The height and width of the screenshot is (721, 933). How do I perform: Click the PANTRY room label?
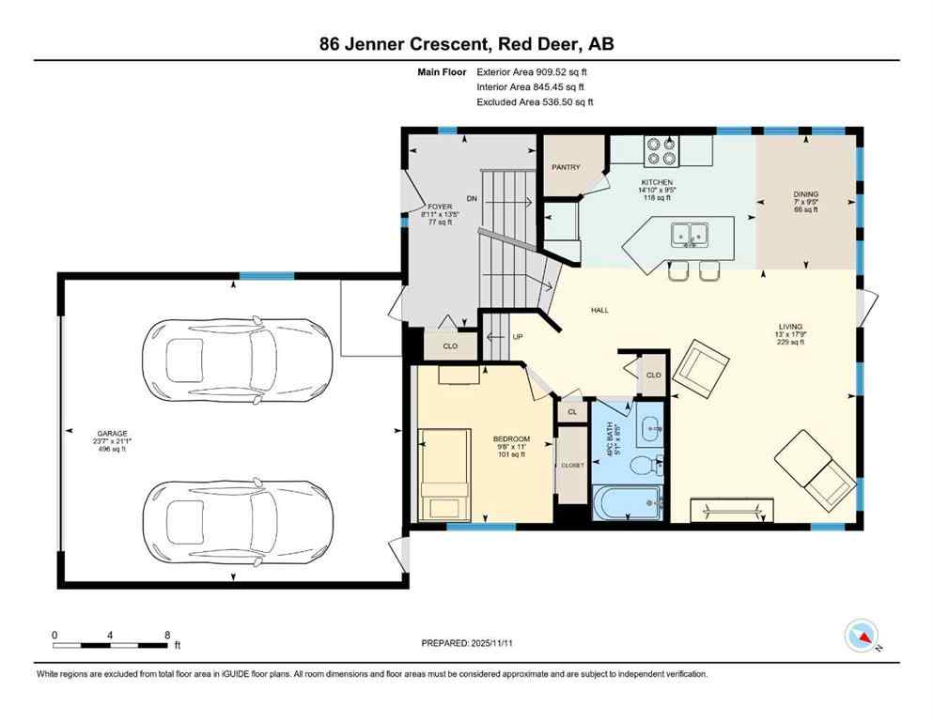[x=566, y=168]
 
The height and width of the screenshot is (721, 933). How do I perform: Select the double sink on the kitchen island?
[x=692, y=233]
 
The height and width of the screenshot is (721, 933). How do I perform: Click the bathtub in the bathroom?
[x=628, y=503]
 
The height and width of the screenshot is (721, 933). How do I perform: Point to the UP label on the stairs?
[x=517, y=338]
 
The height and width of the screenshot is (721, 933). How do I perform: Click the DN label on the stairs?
[x=472, y=198]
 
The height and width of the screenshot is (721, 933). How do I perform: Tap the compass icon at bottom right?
[x=862, y=636]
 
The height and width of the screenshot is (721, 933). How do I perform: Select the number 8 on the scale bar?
[x=167, y=635]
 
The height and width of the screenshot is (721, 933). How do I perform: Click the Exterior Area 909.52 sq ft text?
[x=533, y=71]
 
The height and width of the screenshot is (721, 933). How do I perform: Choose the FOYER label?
[x=440, y=207]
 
